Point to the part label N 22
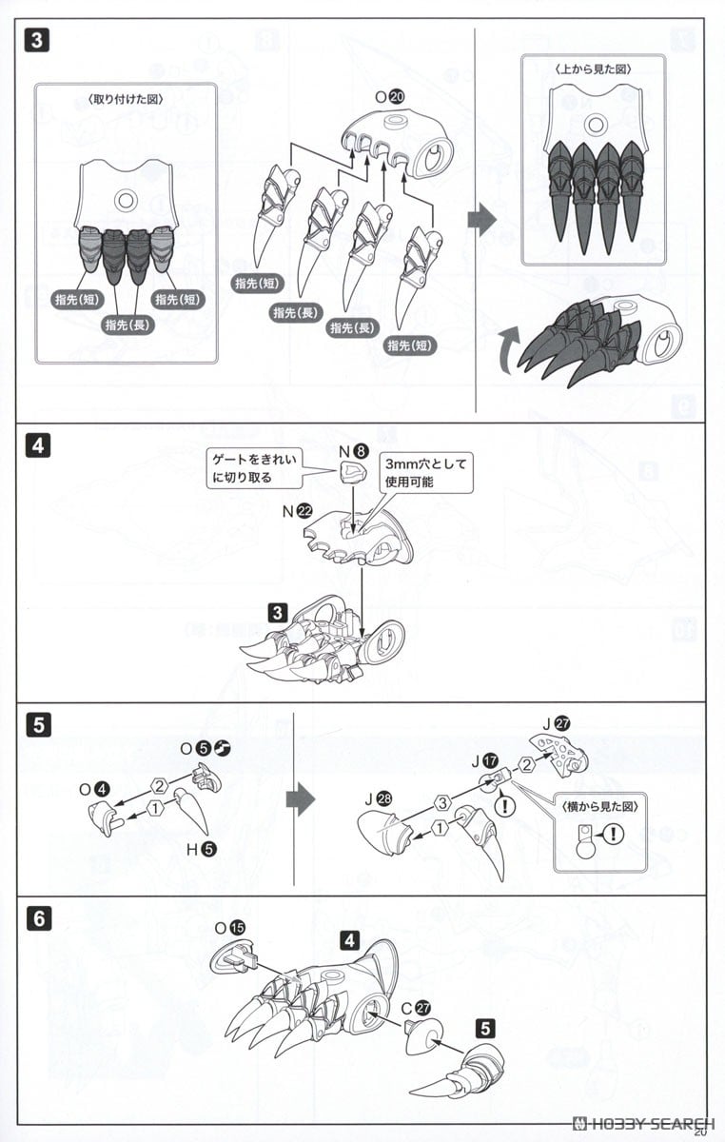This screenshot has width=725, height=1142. (298, 511)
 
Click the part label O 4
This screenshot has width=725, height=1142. (96, 789)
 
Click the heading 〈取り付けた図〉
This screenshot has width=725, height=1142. (127, 98)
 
